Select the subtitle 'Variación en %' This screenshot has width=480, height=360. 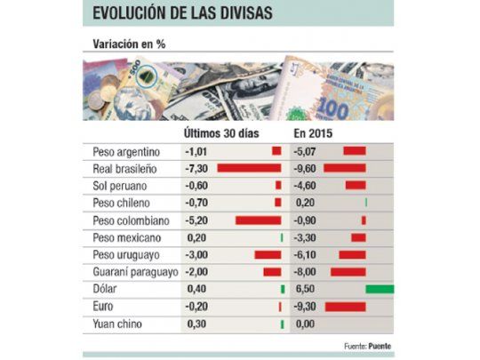(x=125, y=44)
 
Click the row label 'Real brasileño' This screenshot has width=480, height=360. (x=125, y=168)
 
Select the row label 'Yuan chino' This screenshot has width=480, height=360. (x=118, y=324)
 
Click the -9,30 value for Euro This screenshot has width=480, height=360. (x=306, y=306)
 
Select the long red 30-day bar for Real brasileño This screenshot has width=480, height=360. (x=249, y=168)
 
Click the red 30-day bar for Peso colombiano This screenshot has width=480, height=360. (x=258, y=220)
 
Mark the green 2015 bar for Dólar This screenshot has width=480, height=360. (x=380, y=289)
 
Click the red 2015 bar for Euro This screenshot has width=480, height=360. (x=346, y=306)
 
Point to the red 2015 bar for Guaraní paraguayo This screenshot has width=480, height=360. (x=348, y=271)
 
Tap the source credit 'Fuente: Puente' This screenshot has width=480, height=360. (x=367, y=346)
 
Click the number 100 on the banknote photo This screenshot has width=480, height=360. (x=332, y=108)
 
